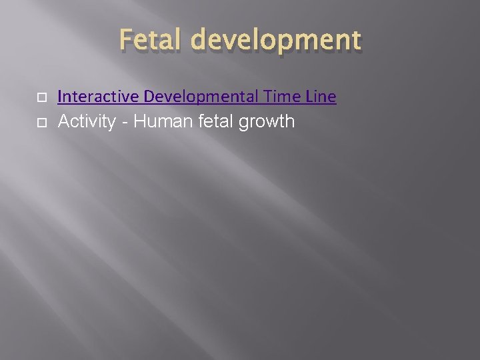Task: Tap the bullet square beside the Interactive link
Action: click(x=41, y=98)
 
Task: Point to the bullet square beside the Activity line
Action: click(x=41, y=122)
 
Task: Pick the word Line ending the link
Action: click(x=321, y=97)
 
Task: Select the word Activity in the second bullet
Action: click(x=87, y=122)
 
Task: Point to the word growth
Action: click(x=267, y=123)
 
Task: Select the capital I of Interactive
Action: click(x=60, y=97)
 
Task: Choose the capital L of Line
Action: click(x=310, y=97)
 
